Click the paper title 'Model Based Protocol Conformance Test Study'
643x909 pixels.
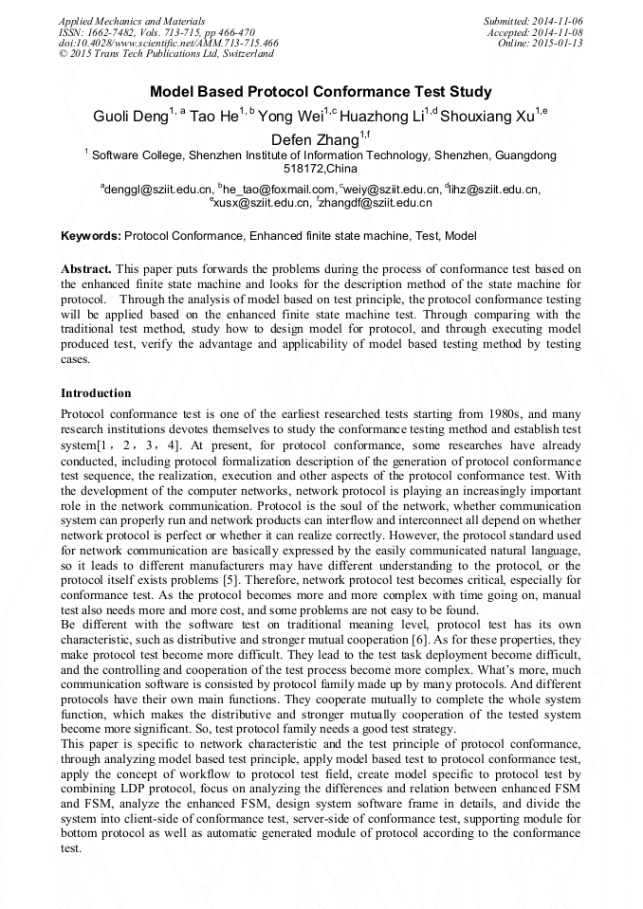(x=321, y=92)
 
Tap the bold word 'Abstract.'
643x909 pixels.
(x=87, y=269)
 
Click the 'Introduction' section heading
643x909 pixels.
(x=96, y=393)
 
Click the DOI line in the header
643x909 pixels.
(x=169, y=43)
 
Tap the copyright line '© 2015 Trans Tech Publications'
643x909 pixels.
(x=166, y=54)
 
